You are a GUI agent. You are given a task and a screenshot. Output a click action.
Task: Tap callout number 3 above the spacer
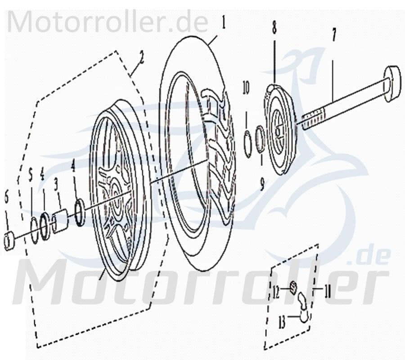tap(56, 184)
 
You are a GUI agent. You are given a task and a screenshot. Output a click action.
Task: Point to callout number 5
tap(31, 174)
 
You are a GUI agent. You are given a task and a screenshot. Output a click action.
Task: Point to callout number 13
tap(282, 322)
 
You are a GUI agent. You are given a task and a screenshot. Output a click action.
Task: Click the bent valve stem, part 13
tap(304, 308)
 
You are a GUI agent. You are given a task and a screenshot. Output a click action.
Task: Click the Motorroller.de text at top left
tap(108, 21)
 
